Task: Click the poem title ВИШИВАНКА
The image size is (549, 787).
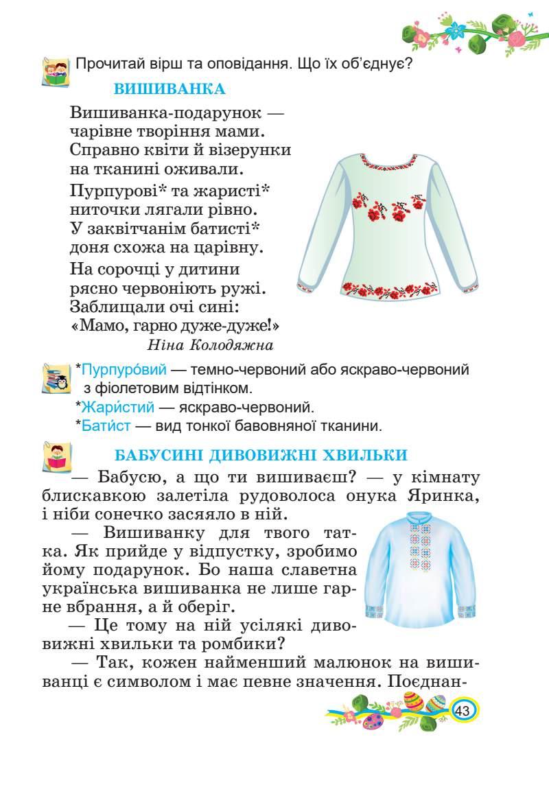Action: (169, 89)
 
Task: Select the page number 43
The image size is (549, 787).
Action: (461, 711)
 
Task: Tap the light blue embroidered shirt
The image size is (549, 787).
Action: (421, 569)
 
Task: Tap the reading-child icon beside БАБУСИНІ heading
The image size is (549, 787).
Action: (58, 456)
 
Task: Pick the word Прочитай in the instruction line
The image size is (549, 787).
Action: (112, 65)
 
